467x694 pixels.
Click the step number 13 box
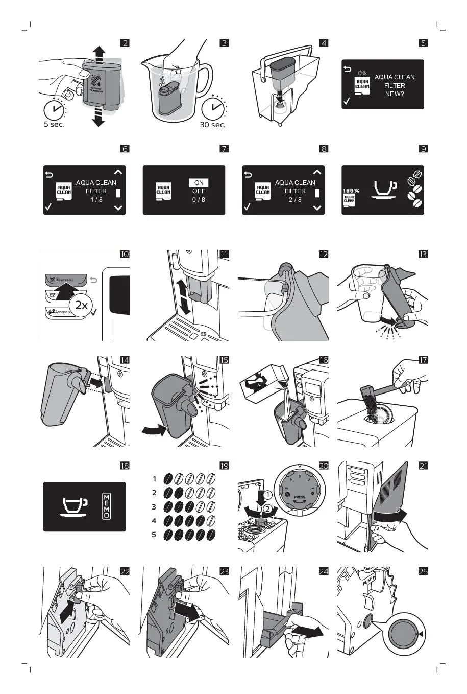(423, 255)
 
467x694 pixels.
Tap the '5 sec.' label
(54, 125)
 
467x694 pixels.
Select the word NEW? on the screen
(395, 94)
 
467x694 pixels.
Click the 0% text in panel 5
(362, 73)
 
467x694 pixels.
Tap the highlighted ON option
(199, 182)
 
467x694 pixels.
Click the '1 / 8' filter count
(96, 200)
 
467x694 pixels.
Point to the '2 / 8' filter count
(295, 200)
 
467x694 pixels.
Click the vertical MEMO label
(107, 506)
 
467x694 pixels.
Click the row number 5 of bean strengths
(154, 535)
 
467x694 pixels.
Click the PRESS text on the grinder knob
(300, 497)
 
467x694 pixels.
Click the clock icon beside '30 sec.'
(213, 108)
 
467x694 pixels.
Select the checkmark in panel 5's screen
(347, 101)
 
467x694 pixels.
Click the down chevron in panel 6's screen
(118, 208)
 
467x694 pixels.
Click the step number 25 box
(423, 571)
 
